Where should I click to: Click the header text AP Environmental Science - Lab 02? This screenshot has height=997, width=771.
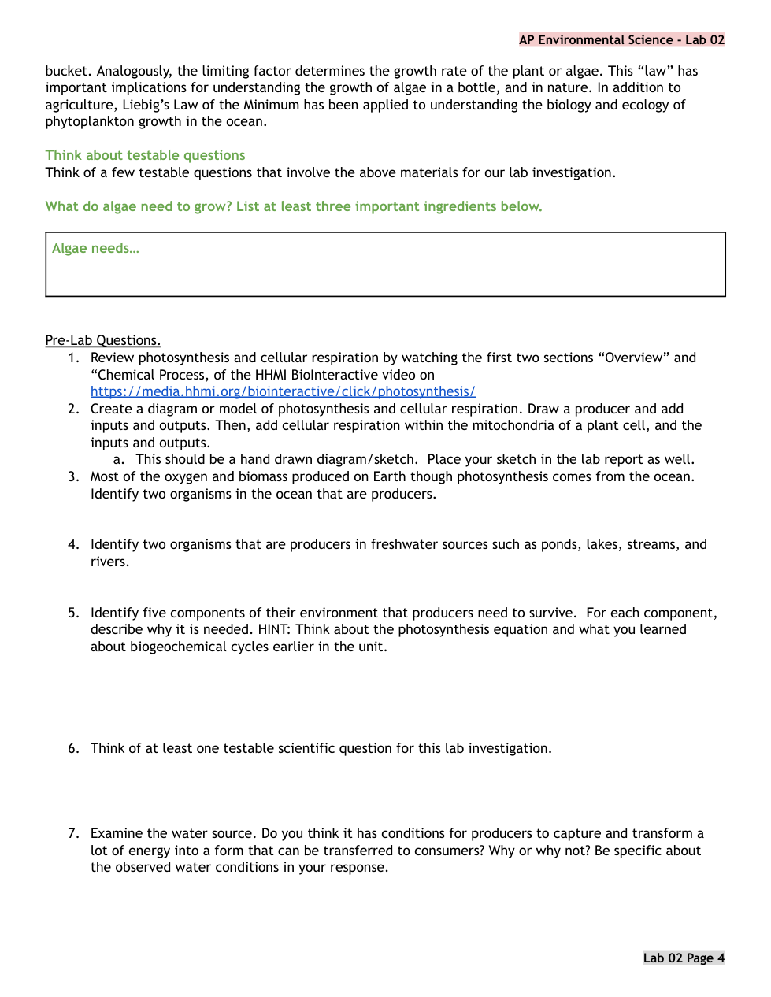click(621, 40)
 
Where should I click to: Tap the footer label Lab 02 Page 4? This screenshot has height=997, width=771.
click(684, 958)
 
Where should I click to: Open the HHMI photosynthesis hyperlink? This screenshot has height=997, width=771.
click(283, 391)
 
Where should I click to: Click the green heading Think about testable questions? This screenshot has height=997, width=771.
click(145, 155)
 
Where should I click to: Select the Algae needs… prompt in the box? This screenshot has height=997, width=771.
click(95, 248)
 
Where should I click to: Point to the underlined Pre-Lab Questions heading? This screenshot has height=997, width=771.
click(102, 340)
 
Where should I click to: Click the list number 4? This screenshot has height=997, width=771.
click(72, 544)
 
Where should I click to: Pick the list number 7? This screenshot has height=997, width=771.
click(72, 833)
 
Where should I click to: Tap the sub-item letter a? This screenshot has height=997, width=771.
click(118, 459)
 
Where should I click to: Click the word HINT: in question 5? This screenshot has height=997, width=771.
click(275, 629)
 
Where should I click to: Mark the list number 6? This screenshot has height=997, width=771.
click(72, 748)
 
